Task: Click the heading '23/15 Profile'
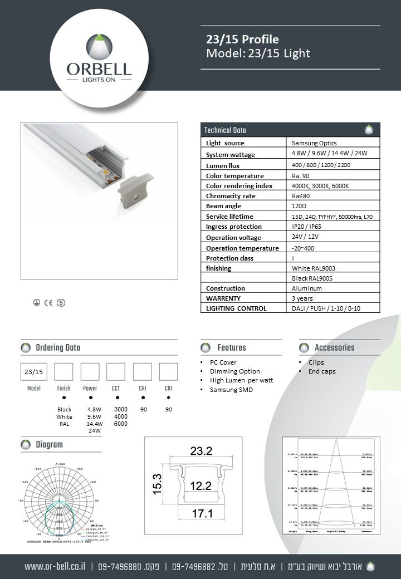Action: coord(242,40)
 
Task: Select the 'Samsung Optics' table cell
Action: coord(314,143)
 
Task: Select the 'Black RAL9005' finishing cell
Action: coord(314,278)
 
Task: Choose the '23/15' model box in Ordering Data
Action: coord(34,371)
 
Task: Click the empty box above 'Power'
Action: coord(90,371)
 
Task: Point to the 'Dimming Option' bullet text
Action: coord(234,371)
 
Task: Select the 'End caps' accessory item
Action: coord(322,371)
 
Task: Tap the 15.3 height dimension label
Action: coord(157,484)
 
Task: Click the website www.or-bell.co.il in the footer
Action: coord(55,566)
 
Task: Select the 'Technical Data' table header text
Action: coord(225,130)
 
